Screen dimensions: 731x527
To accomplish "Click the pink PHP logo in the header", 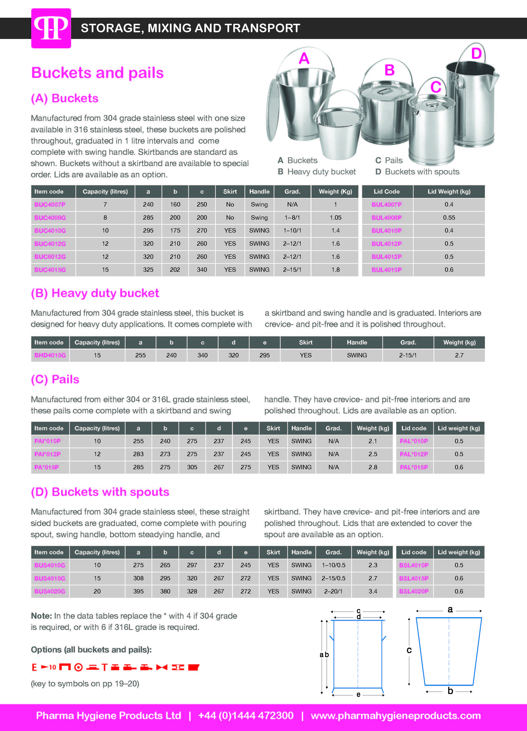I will click(x=51, y=28).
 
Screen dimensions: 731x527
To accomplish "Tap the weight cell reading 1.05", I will click(x=335, y=218).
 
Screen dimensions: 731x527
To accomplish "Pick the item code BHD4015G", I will click(x=50, y=355).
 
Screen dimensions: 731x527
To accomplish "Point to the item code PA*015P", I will click(x=46, y=467).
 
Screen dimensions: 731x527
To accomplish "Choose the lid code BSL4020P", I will click(x=414, y=591).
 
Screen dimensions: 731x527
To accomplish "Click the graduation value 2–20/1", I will click(x=333, y=591).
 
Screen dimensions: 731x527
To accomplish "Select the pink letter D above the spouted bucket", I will click(x=476, y=54).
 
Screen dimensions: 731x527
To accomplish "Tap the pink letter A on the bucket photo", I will click(x=304, y=59).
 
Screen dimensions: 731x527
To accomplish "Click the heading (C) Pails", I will click(x=55, y=379).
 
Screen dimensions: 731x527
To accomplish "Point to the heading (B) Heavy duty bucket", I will click(x=95, y=293).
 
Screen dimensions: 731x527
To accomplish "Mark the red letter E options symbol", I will click(x=34, y=667).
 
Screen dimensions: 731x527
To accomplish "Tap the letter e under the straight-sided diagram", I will click(x=358, y=694).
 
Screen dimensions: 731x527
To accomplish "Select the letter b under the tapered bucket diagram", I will click(x=450, y=691).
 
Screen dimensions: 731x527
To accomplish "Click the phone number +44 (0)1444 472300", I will click(x=246, y=716).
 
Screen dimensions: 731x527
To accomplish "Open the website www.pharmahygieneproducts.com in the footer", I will click(x=395, y=716).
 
